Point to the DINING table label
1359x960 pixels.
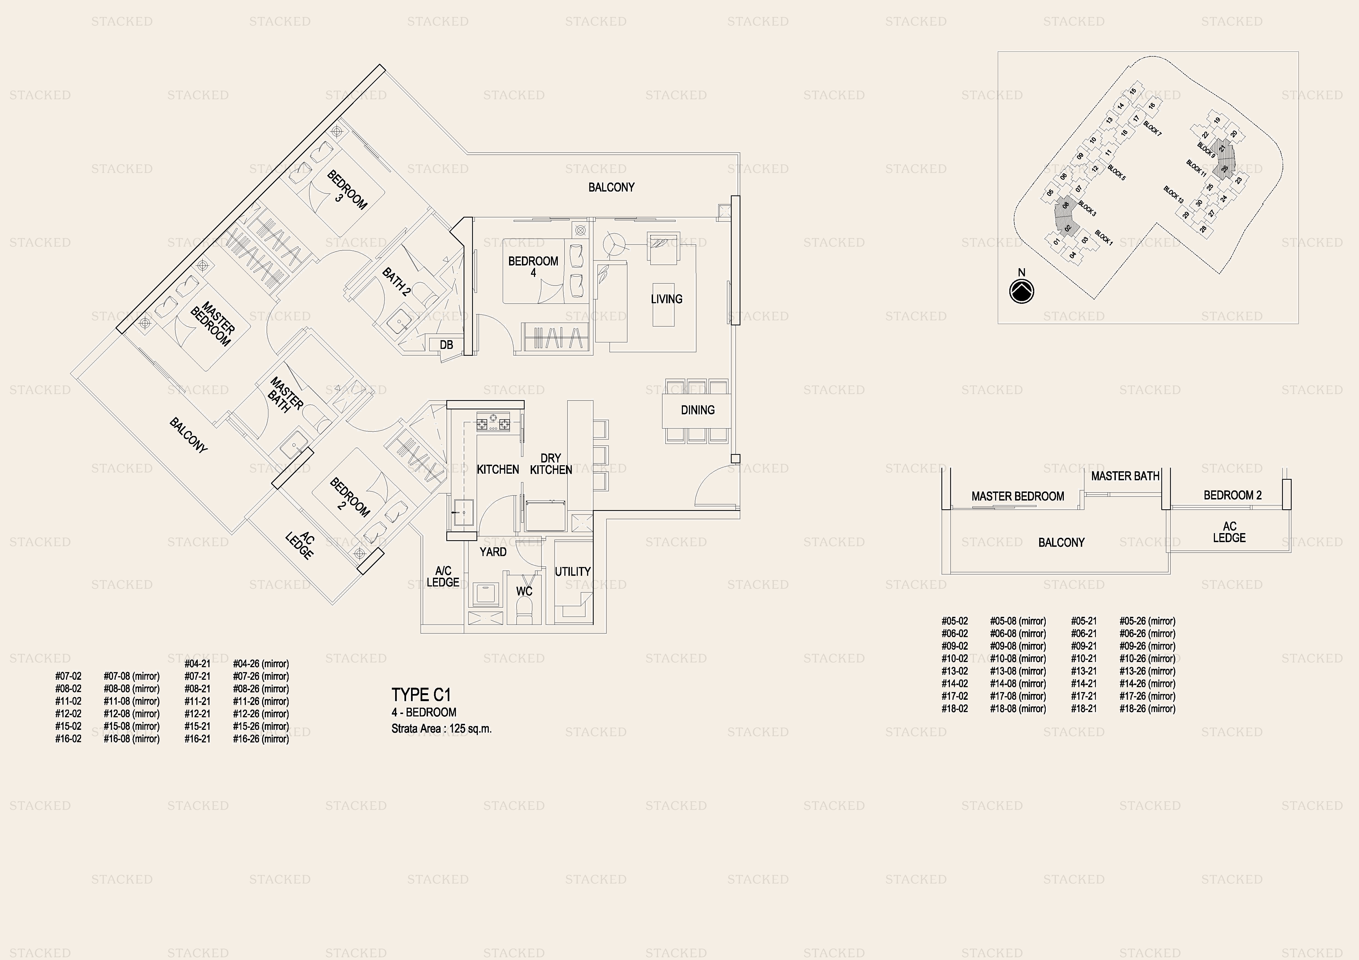pos(697,410)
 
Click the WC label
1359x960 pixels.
pos(524,591)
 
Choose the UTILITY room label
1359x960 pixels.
pos(572,571)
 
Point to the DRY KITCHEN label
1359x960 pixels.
pos(550,464)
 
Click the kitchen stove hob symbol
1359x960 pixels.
pos(493,423)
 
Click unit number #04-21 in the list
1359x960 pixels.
pos(197,664)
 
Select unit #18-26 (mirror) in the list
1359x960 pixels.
pos(1147,709)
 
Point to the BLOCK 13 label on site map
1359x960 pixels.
pos(1173,195)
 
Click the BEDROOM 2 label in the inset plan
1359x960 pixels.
pos(1232,495)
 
